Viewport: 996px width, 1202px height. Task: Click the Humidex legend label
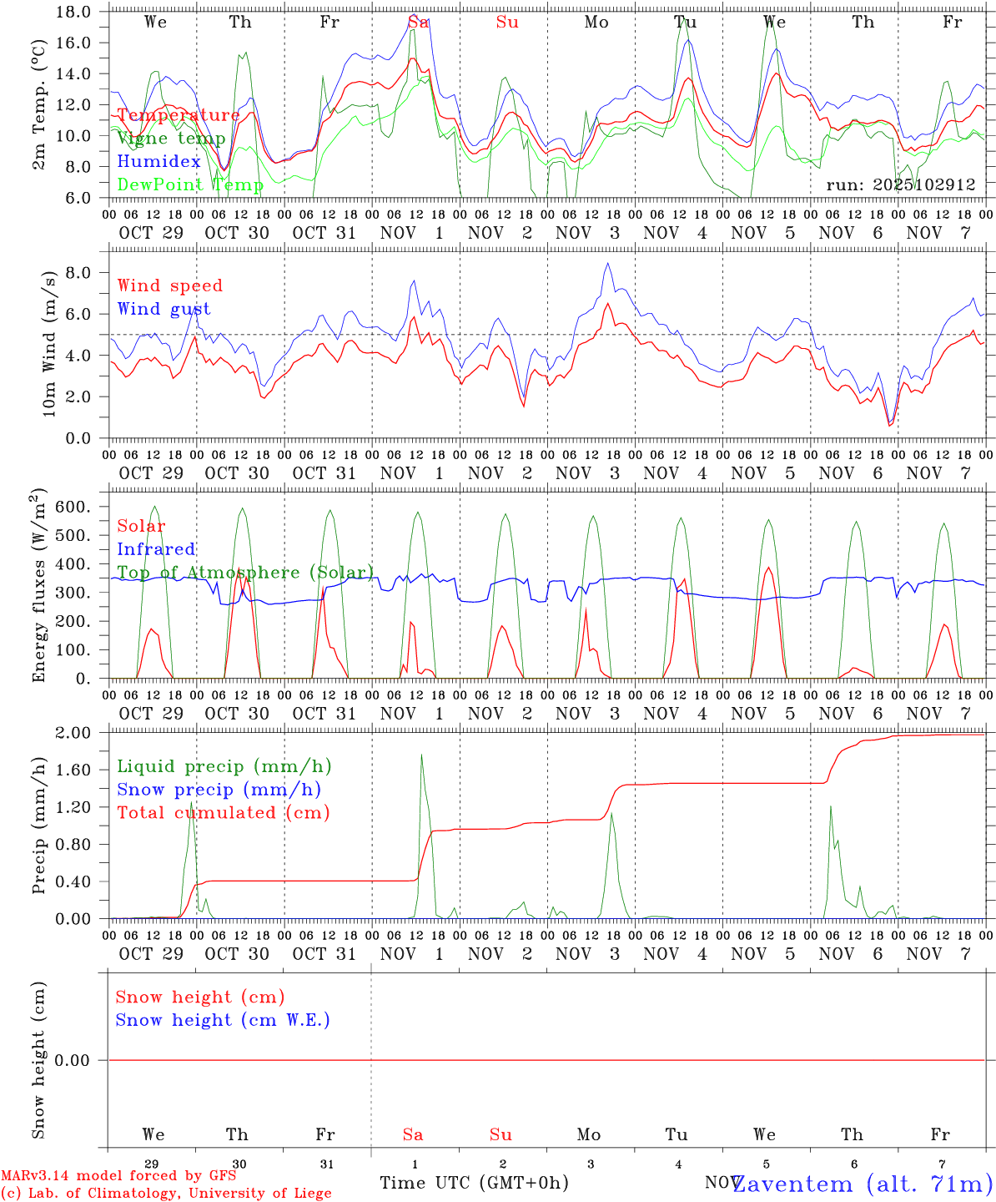point(159,161)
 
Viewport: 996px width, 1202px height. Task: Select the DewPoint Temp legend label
point(190,184)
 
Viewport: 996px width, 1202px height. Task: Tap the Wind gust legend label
point(164,309)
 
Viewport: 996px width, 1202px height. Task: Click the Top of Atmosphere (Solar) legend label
point(245,573)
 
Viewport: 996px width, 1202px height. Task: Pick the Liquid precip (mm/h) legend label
point(224,766)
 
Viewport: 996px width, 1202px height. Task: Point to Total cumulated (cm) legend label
point(224,812)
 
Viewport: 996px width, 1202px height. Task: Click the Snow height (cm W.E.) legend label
point(223,1020)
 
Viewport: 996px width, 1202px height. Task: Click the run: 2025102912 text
point(901,184)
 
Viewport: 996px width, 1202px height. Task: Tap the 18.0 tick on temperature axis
point(75,12)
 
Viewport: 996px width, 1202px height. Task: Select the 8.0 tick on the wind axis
point(78,273)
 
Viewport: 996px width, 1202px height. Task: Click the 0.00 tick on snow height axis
point(72,1060)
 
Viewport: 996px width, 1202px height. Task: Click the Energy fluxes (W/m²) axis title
point(39,588)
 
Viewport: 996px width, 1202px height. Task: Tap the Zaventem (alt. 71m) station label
point(862,1184)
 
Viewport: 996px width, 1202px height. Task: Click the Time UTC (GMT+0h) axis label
point(474,1183)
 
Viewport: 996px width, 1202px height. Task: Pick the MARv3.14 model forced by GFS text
point(118,1175)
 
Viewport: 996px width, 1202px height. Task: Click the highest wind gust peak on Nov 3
point(608,264)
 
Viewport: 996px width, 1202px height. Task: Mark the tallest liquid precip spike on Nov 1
point(421,755)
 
